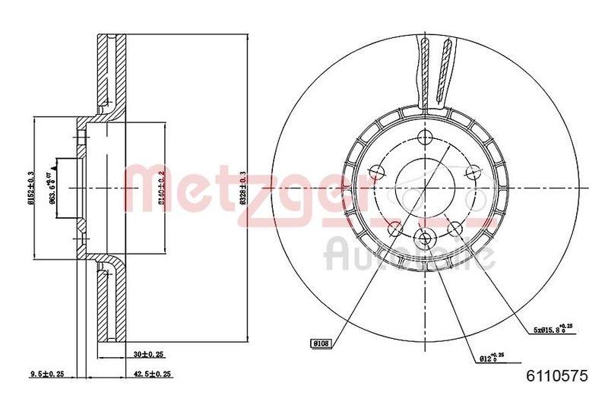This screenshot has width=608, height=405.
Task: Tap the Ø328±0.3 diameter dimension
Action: pos(242,186)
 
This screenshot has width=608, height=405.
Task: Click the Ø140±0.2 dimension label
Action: pos(160,187)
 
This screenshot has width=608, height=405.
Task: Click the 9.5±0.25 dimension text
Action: pos(46,373)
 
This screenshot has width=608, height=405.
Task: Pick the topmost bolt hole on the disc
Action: pos(426,138)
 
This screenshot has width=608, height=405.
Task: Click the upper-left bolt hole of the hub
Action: pos(375,172)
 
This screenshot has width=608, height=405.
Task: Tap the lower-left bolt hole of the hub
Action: pos(394,229)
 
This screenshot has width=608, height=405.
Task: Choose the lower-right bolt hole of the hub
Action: pos(454,229)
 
